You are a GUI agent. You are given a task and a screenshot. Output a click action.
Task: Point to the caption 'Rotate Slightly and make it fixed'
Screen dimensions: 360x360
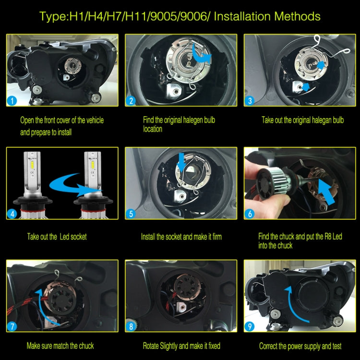tap(181, 346)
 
